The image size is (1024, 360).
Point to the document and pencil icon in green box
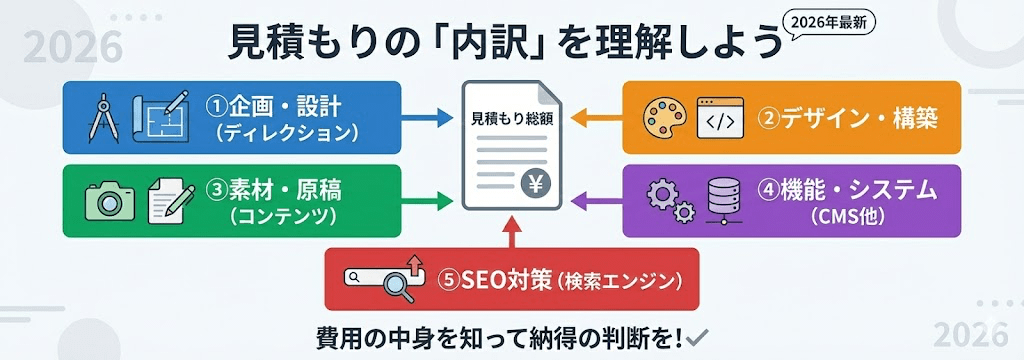coord(170,200)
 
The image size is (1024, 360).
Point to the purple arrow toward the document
coord(597,202)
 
